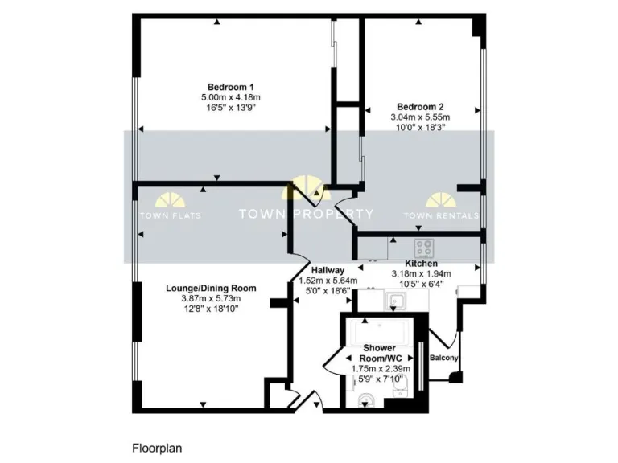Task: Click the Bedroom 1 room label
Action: pos(231,87)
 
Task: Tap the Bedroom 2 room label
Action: pos(421,106)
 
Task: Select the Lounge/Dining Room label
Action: pos(211,288)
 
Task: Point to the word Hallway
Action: pos(328,270)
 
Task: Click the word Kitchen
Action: pos(421,264)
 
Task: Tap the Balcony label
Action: pos(444,358)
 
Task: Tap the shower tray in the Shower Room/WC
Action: pos(378,331)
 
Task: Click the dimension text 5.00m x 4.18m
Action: pos(231,97)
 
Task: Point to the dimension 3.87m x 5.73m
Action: pos(211,298)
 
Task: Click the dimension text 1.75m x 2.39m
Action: pos(381,369)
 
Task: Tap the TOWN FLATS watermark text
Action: pos(171,215)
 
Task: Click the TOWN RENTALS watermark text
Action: pos(441,215)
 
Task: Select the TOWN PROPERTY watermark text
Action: pos(307,214)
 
